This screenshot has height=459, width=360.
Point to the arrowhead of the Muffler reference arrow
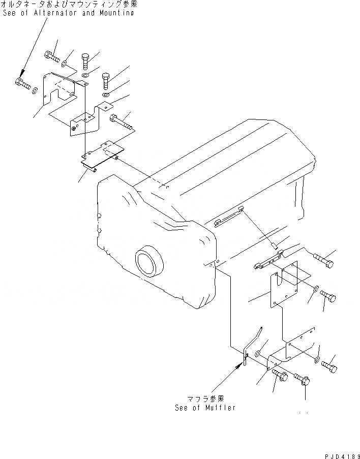pos(243,364)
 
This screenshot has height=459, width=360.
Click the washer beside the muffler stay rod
pos(258,353)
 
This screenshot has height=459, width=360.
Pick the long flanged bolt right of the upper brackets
pos(120,121)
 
